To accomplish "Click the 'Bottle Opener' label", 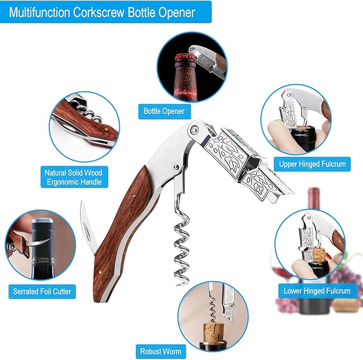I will coord(164,111).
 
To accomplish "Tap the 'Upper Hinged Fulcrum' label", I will coord(312,164).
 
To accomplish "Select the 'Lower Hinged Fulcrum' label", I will coord(318,291).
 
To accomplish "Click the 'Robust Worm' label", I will coord(160,351).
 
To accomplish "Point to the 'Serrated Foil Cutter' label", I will coord(42,292).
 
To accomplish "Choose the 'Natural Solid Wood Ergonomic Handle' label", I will coord(73,178).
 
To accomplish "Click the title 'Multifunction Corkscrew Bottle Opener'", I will coord(102,11).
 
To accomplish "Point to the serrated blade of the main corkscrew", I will coord(87,227).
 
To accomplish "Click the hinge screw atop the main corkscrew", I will coord(194,129).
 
